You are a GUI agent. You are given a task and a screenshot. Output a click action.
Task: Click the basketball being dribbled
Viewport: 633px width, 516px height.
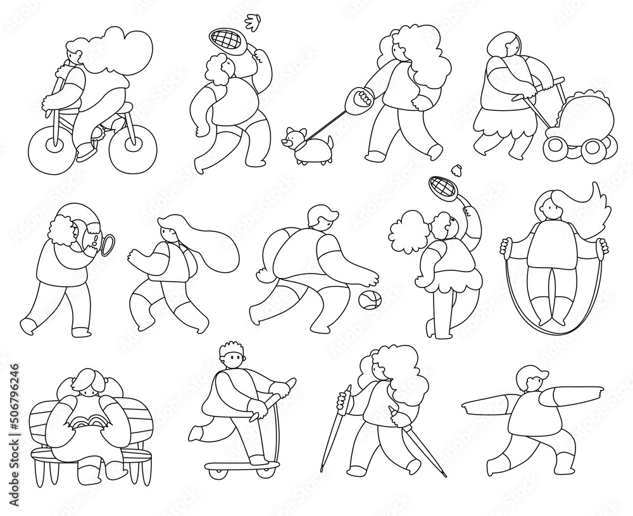pyautogui.click(x=370, y=300)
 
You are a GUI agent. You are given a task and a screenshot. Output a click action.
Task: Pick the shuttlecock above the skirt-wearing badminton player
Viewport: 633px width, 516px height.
pyautogui.click(x=456, y=169)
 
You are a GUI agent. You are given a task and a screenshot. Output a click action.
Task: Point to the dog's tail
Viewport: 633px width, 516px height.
pyautogui.click(x=330, y=142)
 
